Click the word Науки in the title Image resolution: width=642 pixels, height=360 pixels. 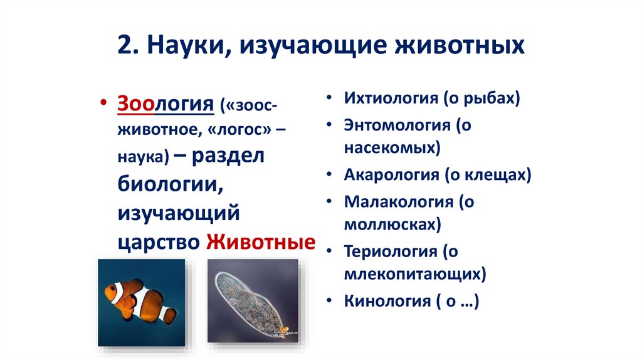pyautogui.click(x=184, y=46)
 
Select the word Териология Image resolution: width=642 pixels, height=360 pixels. pyautogui.click(x=389, y=251)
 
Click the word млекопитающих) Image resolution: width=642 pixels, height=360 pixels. pyautogui.click(x=415, y=274)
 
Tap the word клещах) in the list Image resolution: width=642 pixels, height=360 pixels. pyautogui.click(x=497, y=175)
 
